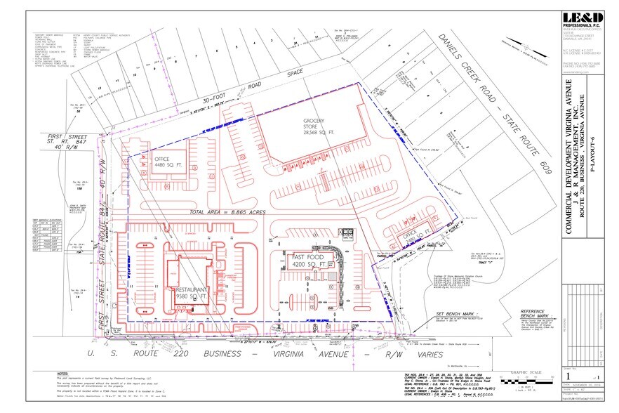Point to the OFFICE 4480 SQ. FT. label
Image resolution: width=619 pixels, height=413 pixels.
point(168,163)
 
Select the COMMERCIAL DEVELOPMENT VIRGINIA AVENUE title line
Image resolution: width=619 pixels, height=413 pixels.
point(568,147)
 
